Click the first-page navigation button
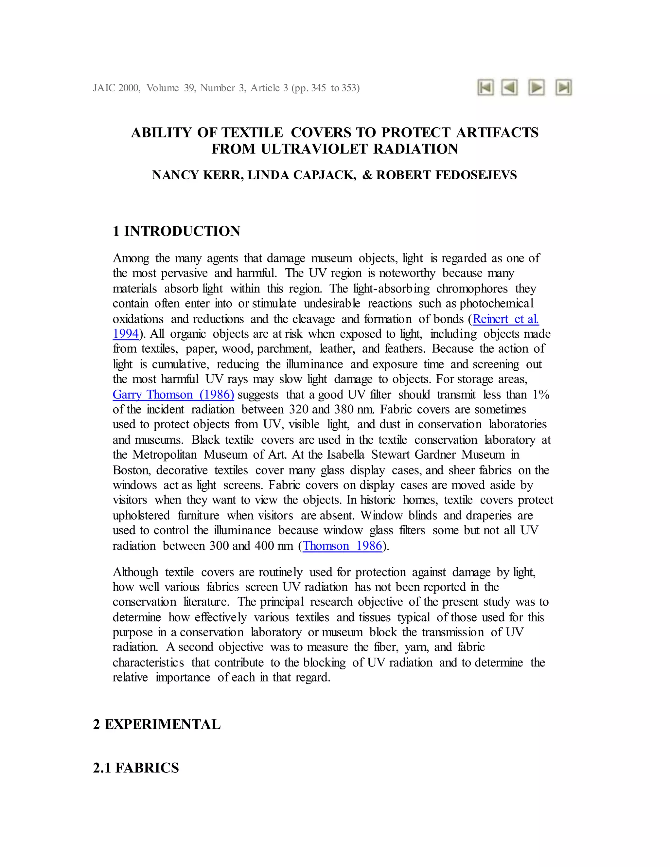pyautogui.click(x=485, y=87)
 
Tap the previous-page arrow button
pyautogui.click(x=510, y=87)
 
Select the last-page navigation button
pyautogui.click(x=563, y=87)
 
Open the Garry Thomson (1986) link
pyautogui.click(x=173, y=395)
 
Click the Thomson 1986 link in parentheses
pyautogui.click(x=342, y=546)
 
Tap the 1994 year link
pyautogui.click(x=125, y=334)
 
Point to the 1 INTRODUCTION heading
pyautogui.click(x=176, y=231)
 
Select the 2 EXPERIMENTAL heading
pyautogui.click(x=157, y=724)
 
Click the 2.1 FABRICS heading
pyautogui.click(x=136, y=768)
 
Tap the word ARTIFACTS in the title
pyautogui.click(x=497, y=132)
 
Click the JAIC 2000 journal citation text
pyautogui.click(x=116, y=88)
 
